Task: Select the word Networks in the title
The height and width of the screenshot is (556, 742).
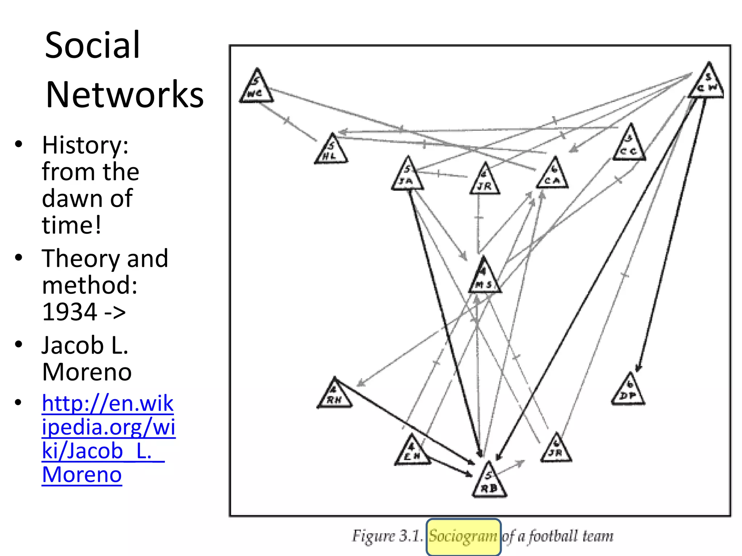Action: point(125,94)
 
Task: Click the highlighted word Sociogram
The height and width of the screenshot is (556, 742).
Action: point(463,536)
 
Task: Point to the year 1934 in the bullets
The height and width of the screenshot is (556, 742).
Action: point(70,312)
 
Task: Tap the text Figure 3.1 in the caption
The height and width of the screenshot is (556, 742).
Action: point(387,536)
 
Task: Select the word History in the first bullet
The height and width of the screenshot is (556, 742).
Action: point(85,145)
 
